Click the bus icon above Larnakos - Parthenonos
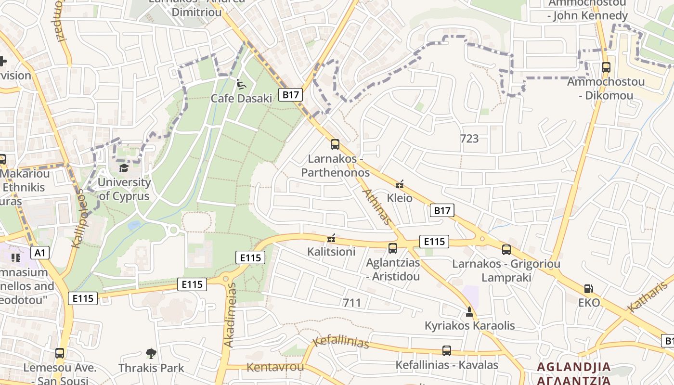point(335,144)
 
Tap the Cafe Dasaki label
point(241,98)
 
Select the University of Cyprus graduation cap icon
point(124,168)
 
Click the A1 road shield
point(40,252)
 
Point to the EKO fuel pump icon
point(588,289)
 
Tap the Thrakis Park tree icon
point(151,354)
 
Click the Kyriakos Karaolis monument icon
point(469,312)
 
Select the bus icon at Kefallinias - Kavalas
point(447,351)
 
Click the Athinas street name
point(376,206)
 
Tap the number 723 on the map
point(469,139)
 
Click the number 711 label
point(352,303)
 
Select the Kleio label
point(400,198)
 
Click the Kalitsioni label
point(331,251)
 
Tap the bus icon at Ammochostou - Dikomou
point(606,67)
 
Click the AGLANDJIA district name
point(573,367)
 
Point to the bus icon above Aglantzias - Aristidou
point(393,248)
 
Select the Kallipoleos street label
point(78,218)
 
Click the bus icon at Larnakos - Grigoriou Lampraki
point(506,249)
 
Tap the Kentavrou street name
point(275,367)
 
